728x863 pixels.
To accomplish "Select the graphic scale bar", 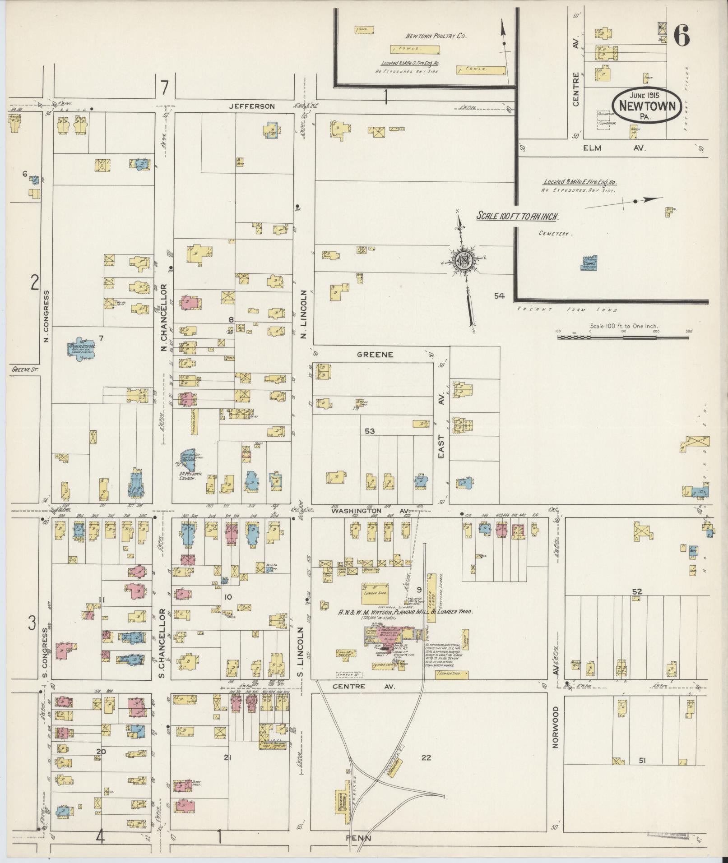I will click(x=623, y=337).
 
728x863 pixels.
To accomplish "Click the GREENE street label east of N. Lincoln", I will click(x=375, y=355).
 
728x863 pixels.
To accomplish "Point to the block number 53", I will click(x=370, y=431).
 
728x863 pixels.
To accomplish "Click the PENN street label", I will click(x=358, y=838).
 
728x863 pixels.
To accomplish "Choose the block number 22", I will click(x=426, y=758).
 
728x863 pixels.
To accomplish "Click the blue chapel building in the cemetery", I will click(x=589, y=263).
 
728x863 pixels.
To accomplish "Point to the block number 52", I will click(x=637, y=591).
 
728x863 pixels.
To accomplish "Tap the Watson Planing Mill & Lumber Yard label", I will click(x=405, y=612).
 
